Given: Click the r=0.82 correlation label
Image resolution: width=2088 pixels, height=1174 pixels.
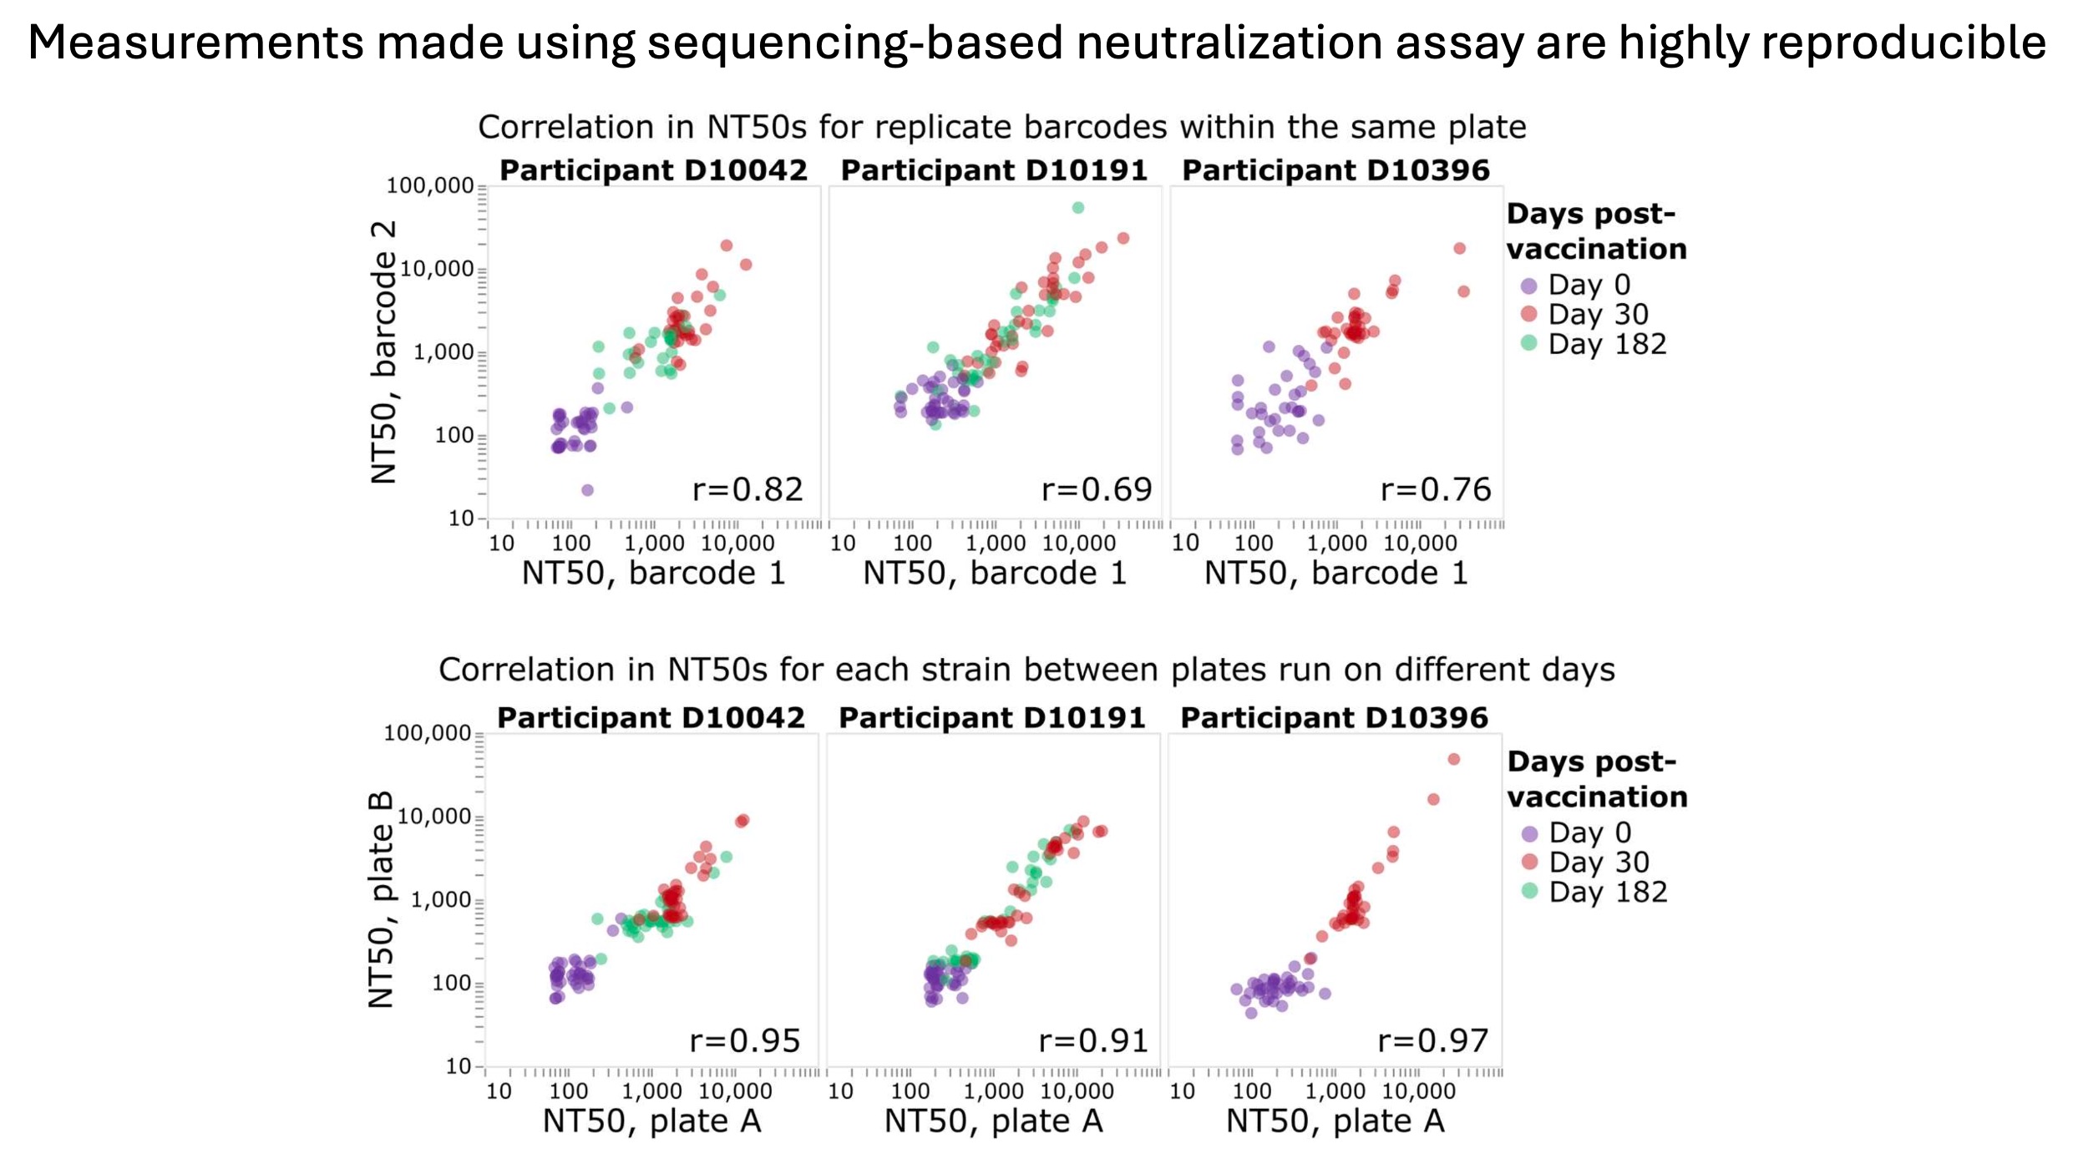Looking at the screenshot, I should point(748,489).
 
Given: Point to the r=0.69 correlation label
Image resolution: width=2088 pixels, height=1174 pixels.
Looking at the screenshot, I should point(1096,489).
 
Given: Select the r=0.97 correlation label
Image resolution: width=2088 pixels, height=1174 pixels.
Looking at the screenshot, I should point(1432,1040).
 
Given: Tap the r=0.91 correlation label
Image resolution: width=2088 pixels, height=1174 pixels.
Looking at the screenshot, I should point(1093,1040).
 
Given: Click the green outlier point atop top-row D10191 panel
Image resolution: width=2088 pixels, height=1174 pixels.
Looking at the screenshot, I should point(1077,208).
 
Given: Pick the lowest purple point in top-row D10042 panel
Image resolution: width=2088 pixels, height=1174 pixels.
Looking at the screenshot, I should point(587,490).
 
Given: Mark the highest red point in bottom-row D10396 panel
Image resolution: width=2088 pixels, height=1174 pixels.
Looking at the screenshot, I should point(1453,759).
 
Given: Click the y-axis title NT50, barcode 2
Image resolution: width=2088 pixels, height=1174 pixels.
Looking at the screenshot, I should point(383,352).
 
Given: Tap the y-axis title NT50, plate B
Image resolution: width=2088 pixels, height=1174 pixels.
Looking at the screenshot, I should point(381,900).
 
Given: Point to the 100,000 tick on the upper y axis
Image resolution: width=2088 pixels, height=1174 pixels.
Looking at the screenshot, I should point(429,186).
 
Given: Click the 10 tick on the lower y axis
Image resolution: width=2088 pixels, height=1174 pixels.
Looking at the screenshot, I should point(459,1066).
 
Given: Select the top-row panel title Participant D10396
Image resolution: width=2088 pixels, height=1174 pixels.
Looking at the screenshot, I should point(1335,170).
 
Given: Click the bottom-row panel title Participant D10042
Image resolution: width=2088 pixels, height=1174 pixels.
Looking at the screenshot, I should point(651,718).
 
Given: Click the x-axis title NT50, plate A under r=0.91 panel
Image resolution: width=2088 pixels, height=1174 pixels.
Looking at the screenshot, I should point(993,1121).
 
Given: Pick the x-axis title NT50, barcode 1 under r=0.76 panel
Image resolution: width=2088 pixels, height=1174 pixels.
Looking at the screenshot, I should point(1335,573).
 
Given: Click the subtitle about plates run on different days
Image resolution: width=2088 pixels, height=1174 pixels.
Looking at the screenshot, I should point(1026,670).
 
